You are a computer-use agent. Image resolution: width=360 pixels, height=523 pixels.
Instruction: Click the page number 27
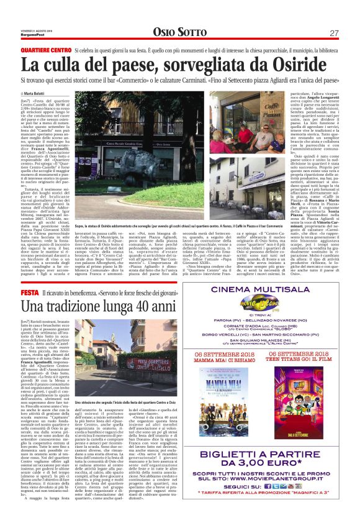tap(333, 33)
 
